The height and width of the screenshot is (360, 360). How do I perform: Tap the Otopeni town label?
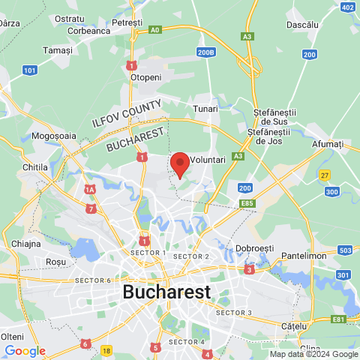[145, 77]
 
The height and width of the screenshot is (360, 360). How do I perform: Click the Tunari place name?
[205, 109]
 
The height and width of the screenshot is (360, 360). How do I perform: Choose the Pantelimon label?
[305, 256]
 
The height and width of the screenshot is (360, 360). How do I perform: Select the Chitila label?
[35, 166]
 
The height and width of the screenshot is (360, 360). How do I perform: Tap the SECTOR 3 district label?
[234, 312]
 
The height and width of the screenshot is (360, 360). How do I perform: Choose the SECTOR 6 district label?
[93, 280]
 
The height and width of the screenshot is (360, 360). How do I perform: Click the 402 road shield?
[347, 7]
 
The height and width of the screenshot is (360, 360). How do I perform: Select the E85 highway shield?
[248, 202]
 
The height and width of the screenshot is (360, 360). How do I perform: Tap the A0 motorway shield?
[154, 30]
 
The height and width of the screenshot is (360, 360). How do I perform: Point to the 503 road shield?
[345, 250]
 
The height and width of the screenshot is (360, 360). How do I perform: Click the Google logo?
[25, 350]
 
